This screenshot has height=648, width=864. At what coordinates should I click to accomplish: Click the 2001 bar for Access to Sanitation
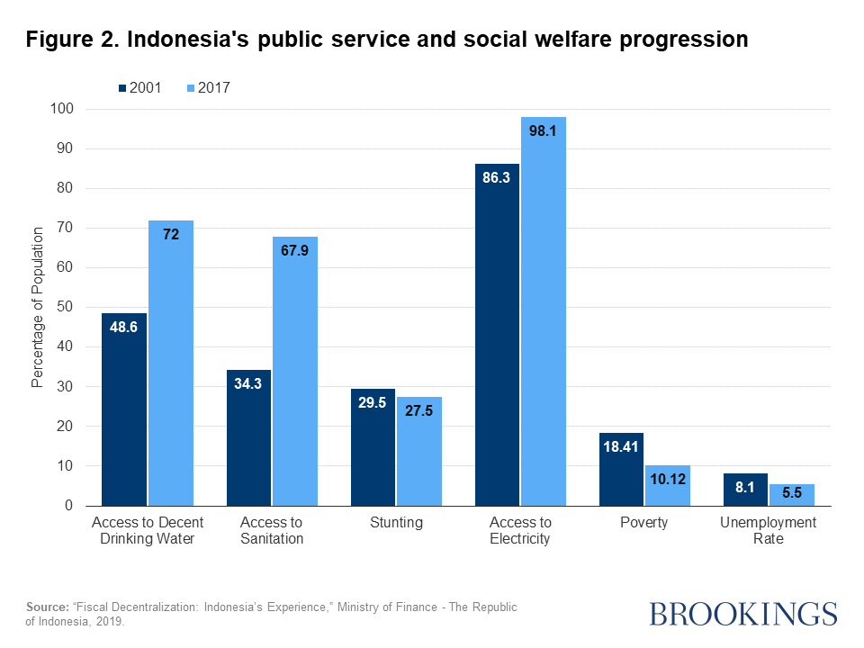(248, 437)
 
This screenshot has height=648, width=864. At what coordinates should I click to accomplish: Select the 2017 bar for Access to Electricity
(544, 311)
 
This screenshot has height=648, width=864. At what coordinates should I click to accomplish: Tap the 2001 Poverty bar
(622, 469)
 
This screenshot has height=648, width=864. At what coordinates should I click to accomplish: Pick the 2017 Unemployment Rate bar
(792, 494)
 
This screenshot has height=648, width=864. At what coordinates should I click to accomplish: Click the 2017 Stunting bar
(419, 451)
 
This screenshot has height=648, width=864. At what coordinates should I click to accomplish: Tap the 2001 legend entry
(139, 88)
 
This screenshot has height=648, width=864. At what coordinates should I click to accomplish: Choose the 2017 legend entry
(209, 88)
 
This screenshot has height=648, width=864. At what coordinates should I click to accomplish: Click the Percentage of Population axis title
(37, 307)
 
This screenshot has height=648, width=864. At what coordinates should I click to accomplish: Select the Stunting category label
(396, 523)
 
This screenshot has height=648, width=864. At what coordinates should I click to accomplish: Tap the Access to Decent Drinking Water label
(148, 531)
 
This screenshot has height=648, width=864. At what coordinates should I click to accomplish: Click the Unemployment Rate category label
(769, 531)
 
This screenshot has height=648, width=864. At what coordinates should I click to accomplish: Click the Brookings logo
(742, 614)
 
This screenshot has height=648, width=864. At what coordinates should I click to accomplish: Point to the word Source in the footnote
(45, 607)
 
